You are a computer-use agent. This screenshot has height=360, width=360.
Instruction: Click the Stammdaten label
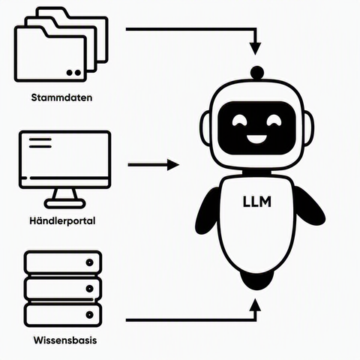(61, 97)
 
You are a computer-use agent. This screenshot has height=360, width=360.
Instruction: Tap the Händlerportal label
(62, 221)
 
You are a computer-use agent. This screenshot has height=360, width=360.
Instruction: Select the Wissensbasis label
(65, 340)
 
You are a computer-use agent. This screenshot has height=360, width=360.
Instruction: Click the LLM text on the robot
(257, 202)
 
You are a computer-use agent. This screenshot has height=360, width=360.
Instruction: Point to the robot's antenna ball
(257, 72)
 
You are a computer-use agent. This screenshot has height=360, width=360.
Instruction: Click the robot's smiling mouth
(256, 139)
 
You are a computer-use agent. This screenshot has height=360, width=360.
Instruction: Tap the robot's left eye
(239, 120)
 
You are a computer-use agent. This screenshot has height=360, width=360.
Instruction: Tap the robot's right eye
(274, 120)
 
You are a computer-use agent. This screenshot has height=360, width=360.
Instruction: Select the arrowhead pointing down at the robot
(255, 49)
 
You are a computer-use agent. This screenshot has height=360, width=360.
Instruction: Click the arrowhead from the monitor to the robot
(173, 165)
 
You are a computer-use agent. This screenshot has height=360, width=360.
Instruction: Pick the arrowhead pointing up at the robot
(255, 304)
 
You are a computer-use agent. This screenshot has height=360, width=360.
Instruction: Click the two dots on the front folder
(74, 73)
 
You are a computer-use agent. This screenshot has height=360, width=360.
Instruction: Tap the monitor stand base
(65, 204)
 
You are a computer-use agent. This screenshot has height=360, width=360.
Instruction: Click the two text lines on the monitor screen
(40, 143)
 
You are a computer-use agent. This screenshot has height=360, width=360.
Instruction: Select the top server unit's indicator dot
(89, 262)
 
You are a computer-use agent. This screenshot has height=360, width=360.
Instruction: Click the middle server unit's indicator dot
(89, 289)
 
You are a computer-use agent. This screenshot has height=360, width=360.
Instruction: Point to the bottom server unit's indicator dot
(89, 315)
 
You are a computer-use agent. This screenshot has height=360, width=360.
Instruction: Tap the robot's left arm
(207, 211)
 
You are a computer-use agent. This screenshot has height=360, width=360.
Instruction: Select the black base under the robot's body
(256, 280)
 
